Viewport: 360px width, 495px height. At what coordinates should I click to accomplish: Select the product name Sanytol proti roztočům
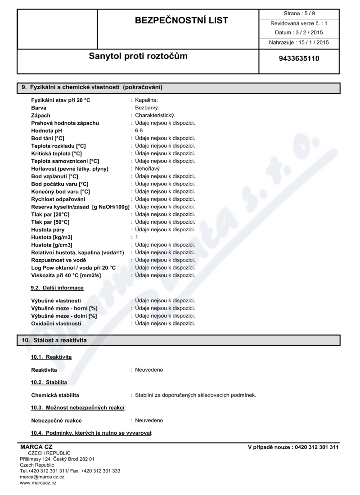point(139,56)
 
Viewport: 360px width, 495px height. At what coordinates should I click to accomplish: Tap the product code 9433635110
point(299,58)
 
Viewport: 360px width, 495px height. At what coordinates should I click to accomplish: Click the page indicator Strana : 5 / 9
point(299,13)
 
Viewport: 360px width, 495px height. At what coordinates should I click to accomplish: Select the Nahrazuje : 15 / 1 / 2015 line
point(299,42)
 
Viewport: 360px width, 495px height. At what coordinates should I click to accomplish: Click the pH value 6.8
point(139,130)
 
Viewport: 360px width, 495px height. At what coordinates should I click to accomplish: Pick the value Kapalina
point(146,100)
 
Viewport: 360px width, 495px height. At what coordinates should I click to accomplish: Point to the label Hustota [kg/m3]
point(52,237)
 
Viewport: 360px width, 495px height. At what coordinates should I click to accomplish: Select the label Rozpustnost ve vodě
point(58,260)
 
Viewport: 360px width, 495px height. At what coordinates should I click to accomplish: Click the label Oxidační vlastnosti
point(56,323)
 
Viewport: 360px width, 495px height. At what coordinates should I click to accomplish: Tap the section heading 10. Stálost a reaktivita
point(54,340)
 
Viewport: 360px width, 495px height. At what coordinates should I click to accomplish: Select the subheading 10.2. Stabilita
point(49,382)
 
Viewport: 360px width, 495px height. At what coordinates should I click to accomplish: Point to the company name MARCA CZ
point(33,447)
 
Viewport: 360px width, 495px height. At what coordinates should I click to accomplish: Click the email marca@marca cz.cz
point(42,477)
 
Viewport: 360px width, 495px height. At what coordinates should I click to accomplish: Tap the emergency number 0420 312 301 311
point(316,447)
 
